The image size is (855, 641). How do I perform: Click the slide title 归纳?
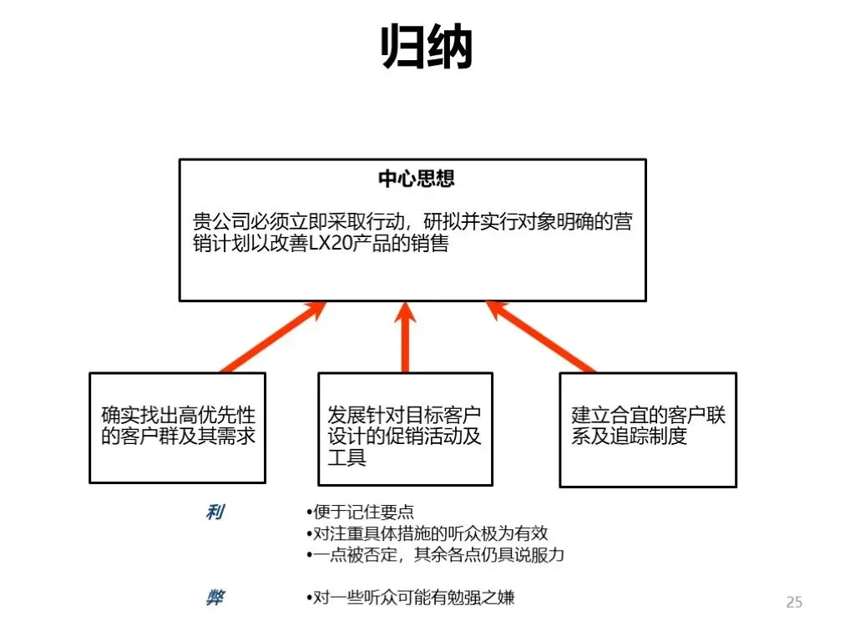click(x=427, y=46)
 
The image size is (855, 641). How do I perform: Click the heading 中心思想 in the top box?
click(x=416, y=179)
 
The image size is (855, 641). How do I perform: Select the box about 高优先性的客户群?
click(x=177, y=427)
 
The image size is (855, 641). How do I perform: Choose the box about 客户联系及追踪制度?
click(x=647, y=429)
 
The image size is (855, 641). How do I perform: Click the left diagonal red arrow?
click(x=271, y=337)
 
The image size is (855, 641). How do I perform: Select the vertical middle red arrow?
click(x=405, y=337)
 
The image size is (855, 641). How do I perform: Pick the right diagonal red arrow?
click(x=540, y=337)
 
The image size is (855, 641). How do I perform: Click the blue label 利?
click(x=215, y=512)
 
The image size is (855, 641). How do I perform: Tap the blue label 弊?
click(x=215, y=598)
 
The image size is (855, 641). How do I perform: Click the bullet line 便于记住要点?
click(x=361, y=512)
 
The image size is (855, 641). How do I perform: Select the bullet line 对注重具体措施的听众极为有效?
click(x=427, y=533)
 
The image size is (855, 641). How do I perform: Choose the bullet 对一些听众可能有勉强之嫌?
click(x=410, y=598)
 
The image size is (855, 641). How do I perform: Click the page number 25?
click(x=793, y=602)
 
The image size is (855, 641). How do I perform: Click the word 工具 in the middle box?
click(x=347, y=458)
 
